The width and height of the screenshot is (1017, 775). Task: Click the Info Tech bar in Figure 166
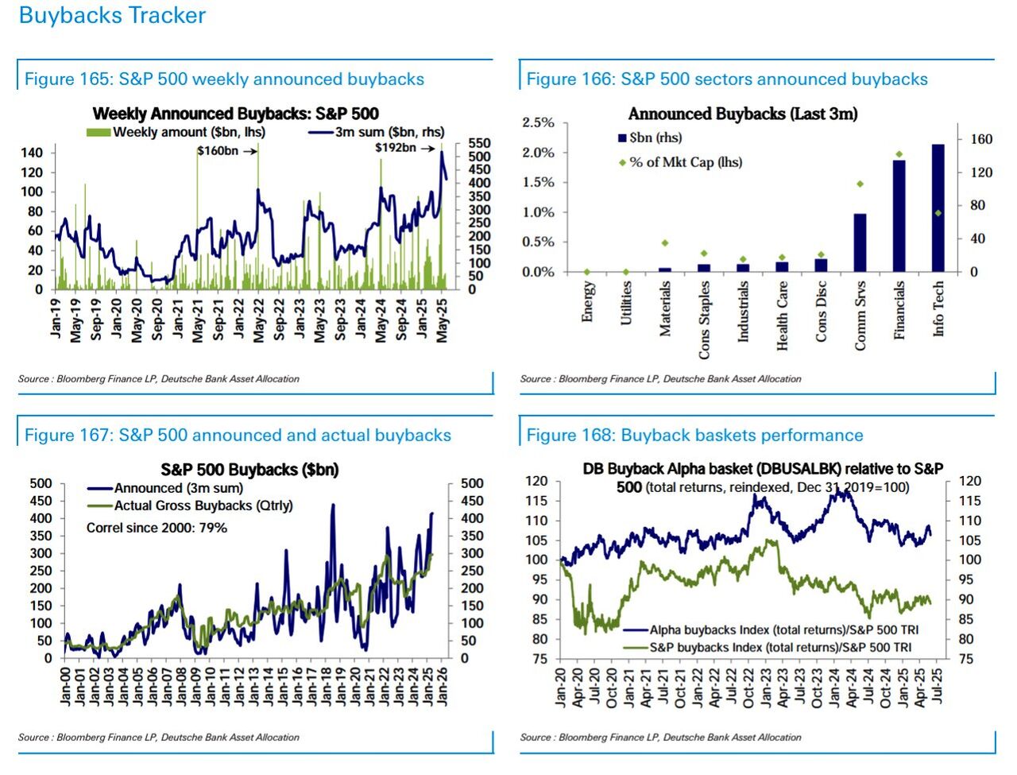[x=938, y=208]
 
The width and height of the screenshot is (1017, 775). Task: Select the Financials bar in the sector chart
[x=899, y=216]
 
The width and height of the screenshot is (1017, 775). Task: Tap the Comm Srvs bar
[x=860, y=242]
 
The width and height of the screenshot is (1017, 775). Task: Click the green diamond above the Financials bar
[x=899, y=154]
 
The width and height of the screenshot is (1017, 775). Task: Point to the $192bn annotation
[x=395, y=148]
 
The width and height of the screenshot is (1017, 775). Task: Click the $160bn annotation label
[x=217, y=151]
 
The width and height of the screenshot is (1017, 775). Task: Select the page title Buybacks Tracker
[x=112, y=15]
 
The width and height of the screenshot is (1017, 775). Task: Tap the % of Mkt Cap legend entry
[x=685, y=162]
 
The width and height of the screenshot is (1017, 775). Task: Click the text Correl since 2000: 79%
[x=157, y=528]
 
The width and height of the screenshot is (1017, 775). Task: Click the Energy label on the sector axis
[x=588, y=302]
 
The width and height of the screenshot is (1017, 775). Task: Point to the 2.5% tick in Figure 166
[x=538, y=122]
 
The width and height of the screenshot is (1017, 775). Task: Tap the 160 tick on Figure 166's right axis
[x=982, y=139]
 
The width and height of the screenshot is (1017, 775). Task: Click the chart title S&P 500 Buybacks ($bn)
[x=249, y=470]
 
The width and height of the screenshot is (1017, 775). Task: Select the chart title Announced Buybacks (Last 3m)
[x=743, y=114]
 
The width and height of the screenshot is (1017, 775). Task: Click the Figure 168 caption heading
[x=694, y=435]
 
